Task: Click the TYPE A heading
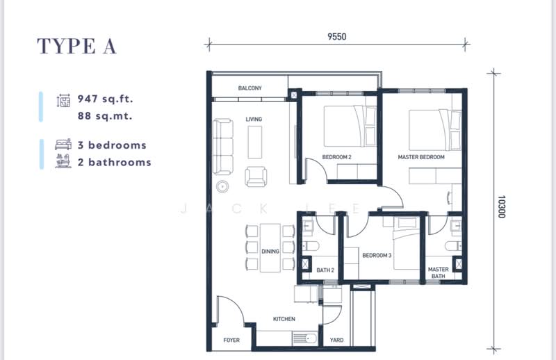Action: coord(76,47)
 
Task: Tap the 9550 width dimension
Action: coord(336,37)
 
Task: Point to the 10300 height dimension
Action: coord(501,207)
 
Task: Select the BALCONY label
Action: coord(250,88)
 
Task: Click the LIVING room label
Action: coord(254,119)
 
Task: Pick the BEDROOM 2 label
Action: coord(336,157)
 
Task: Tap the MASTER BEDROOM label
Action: coord(421,157)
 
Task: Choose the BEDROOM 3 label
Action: coord(377,255)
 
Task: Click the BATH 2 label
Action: coord(325,270)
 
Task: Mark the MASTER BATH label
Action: coord(439,272)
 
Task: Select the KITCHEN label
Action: coord(284,319)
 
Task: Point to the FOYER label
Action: coord(231,340)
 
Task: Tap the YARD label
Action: coord(336,340)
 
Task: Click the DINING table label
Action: coord(270,252)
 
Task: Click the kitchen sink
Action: coord(305,338)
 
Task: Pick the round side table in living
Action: coord(222,186)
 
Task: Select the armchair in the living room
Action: coord(256,177)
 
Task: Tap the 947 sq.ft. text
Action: coord(106,99)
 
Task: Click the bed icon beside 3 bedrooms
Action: coord(63,145)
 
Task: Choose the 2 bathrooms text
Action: coord(115,163)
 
